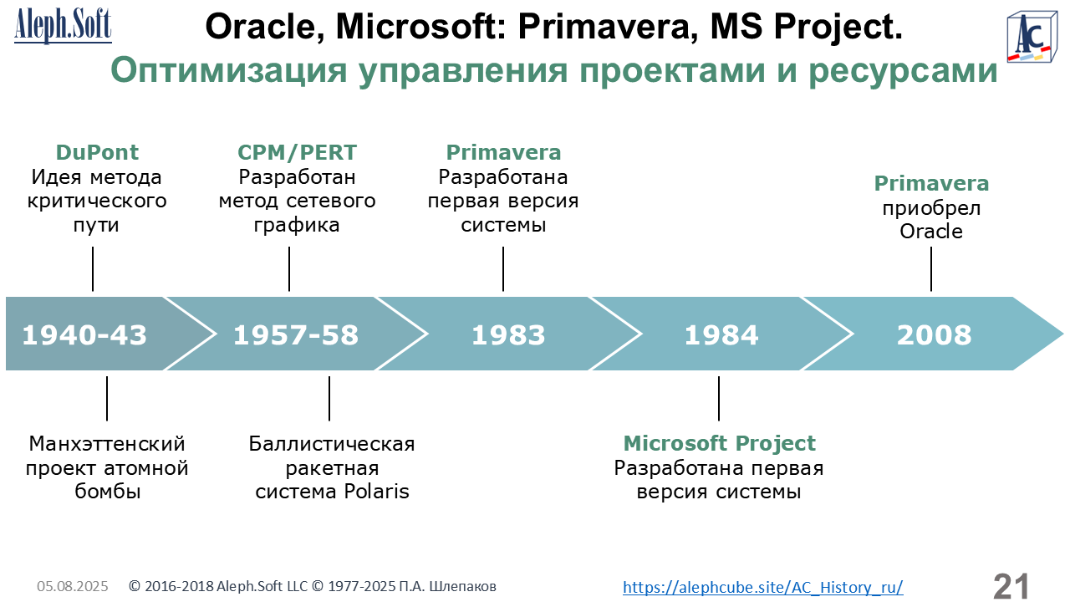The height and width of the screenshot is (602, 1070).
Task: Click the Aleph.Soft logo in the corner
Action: click(x=63, y=26)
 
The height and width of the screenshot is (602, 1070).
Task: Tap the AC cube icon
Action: click(x=1032, y=38)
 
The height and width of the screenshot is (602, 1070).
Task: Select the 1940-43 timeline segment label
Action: click(x=84, y=334)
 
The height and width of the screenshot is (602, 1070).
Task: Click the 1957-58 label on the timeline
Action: click(x=296, y=334)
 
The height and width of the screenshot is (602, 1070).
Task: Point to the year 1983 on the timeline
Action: click(x=508, y=334)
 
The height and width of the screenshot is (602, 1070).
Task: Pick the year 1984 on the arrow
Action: click(x=721, y=334)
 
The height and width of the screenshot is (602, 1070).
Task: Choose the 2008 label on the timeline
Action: click(x=934, y=334)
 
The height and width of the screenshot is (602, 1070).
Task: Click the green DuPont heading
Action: click(x=97, y=152)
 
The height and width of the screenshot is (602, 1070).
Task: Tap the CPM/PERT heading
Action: click(x=297, y=152)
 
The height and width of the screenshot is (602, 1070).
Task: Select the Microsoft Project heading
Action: click(x=720, y=443)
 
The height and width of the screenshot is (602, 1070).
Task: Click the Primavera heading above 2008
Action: click(x=931, y=183)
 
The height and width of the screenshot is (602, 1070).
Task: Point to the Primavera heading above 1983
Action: click(x=503, y=152)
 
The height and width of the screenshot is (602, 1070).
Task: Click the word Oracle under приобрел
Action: click(x=931, y=232)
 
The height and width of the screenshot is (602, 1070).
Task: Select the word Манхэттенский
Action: click(x=107, y=444)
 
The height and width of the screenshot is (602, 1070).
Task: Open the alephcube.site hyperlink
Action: click(x=763, y=587)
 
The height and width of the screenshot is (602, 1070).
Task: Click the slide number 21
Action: click(x=1011, y=586)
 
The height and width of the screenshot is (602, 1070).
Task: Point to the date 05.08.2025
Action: click(x=73, y=586)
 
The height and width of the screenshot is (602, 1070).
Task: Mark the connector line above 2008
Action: click(x=931, y=269)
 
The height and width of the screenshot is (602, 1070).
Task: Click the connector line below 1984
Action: click(x=719, y=399)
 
